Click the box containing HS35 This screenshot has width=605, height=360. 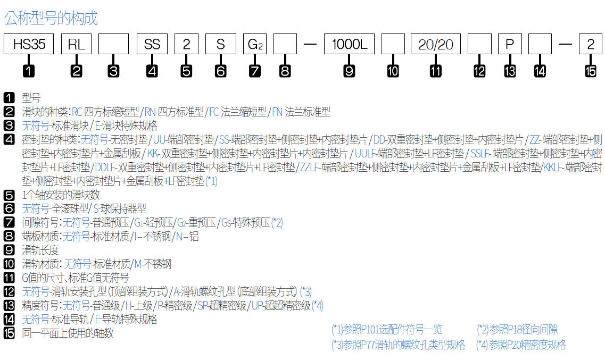(x=29, y=44)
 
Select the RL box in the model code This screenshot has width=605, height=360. (x=76, y=44)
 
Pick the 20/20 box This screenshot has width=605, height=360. (x=435, y=44)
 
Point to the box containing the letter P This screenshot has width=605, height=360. (x=510, y=44)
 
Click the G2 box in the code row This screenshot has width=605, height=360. (x=255, y=44)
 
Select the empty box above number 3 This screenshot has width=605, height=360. (x=113, y=44)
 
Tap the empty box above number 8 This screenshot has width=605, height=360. (x=285, y=44)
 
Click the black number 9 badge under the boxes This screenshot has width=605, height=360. (x=349, y=71)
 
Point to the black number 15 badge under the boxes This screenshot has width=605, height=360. (x=591, y=71)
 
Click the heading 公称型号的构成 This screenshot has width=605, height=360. (x=51, y=19)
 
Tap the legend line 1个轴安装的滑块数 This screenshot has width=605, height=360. (x=61, y=195)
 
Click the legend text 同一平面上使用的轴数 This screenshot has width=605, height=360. (x=68, y=333)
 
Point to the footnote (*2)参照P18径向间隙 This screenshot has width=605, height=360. (x=517, y=330)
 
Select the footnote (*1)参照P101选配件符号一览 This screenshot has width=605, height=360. (x=386, y=330)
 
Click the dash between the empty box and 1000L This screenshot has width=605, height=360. (x=310, y=44)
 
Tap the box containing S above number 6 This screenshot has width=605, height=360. (x=221, y=44)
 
